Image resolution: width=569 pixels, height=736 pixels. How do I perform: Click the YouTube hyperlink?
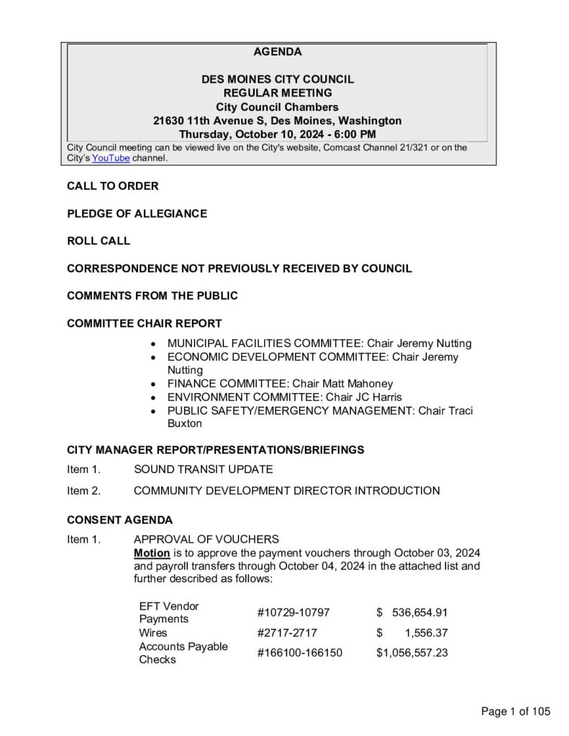pos(111,158)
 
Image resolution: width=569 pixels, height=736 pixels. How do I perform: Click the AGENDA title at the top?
pos(278,52)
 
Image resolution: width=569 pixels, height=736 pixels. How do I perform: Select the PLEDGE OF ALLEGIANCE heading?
pos(137,213)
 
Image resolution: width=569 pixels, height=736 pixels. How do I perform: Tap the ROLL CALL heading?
pos(99,241)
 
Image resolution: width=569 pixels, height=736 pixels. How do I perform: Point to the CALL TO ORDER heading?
pos(113,186)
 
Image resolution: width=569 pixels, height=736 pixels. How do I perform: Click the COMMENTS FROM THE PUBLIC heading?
pos(152,295)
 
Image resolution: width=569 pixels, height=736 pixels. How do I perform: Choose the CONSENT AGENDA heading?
pos(119,520)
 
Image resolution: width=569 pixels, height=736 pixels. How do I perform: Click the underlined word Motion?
pos(152,553)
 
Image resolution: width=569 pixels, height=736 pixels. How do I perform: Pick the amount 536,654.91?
pos(420,612)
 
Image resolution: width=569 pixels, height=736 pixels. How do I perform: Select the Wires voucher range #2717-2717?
pos(286,633)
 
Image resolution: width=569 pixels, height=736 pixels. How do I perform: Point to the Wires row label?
pos(153,633)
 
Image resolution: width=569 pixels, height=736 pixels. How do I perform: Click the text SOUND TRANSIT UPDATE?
pos(204,470)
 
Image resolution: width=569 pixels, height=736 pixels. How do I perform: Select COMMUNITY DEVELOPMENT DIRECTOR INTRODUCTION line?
pos(286,492)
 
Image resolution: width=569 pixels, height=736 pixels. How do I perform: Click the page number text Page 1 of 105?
pos(516,712)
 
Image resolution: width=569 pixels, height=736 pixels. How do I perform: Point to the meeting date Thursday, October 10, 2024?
pos(247,134)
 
